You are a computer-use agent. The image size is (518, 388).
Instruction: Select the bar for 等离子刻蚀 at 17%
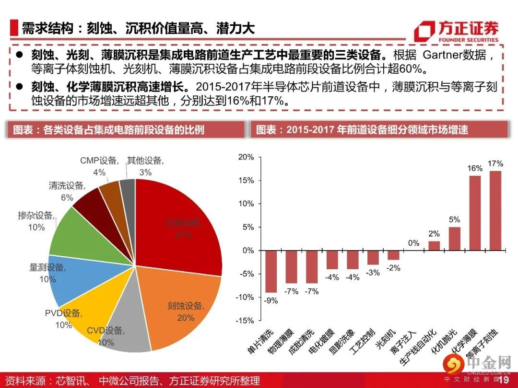tap(495, 211)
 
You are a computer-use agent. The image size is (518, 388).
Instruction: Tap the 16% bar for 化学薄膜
tap(474, 213)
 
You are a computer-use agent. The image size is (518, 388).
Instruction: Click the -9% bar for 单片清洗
tap(271, 271)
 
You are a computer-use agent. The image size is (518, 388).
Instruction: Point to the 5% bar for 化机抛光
tap(454, 239)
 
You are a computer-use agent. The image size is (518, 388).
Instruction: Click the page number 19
tap(503, 380)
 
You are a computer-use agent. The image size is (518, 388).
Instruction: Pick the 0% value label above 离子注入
tap(413, 243)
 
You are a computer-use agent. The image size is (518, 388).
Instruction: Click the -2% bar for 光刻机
tap(393, 255)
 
